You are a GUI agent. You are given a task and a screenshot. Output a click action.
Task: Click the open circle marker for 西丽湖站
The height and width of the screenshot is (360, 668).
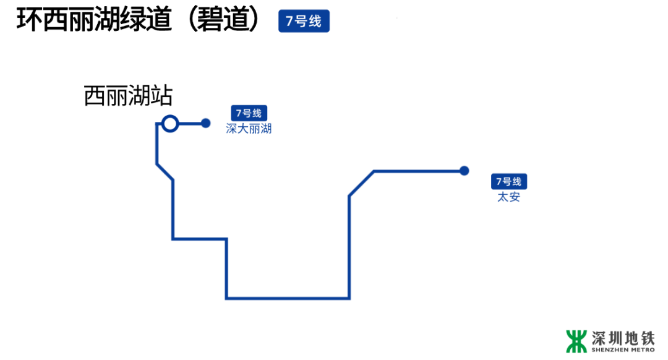[x=170, y=124]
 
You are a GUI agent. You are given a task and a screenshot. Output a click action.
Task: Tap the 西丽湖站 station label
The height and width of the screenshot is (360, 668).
[x=128, y=96]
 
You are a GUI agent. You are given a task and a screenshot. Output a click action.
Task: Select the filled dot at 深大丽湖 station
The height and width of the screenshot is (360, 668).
[x=206, y=124]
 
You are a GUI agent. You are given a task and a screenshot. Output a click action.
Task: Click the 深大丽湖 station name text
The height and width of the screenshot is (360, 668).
[x=249, y=129]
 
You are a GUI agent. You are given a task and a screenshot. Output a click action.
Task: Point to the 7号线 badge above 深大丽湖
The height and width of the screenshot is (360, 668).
[x=249, y=114]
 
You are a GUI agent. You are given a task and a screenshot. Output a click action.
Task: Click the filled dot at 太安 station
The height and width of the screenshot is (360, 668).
[x=465, y=171]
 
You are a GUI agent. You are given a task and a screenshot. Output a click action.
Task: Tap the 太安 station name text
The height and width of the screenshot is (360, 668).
[x=509, y=198]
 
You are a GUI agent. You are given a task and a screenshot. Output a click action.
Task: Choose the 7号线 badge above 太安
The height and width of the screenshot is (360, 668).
[x=509, y=182]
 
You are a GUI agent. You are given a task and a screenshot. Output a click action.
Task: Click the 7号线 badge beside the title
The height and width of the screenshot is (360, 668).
[x=304, y=22]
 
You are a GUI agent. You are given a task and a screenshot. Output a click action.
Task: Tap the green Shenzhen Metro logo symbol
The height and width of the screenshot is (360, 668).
[x=576, y=341]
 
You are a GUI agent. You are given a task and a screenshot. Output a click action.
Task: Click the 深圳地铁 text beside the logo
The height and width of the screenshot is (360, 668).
[x=623, y=338]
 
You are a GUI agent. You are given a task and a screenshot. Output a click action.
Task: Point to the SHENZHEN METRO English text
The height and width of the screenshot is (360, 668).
[x=623, y=350]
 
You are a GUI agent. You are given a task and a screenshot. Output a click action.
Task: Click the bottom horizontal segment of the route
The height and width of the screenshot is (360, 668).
[x=288, y=298]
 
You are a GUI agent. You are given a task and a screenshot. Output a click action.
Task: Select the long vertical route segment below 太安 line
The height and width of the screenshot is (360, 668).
[x=349, y=247]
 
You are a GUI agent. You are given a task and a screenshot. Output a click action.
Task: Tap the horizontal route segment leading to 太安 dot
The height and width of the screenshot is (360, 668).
[x=417, y=171]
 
